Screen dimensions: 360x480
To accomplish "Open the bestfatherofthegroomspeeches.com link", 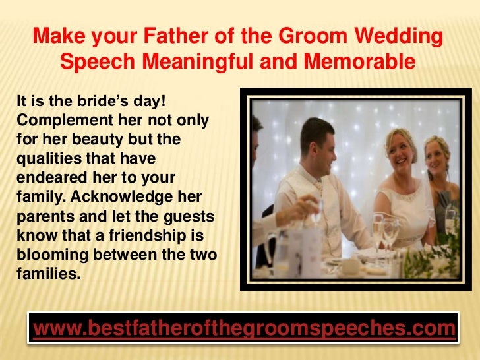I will click(243, 328).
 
